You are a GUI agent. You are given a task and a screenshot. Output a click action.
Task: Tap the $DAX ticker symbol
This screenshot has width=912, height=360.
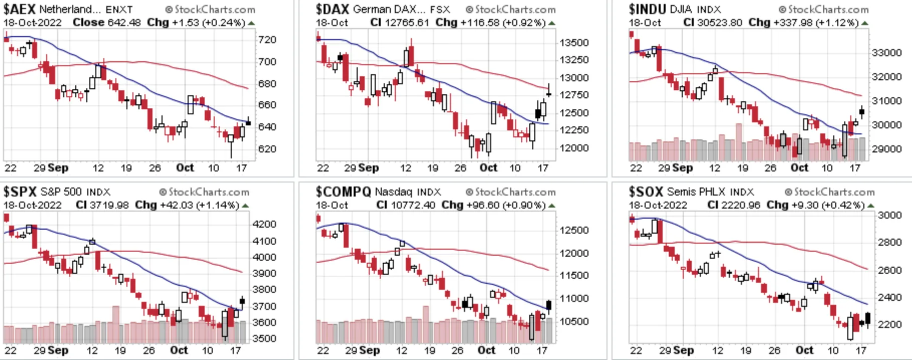(x=332, y=9)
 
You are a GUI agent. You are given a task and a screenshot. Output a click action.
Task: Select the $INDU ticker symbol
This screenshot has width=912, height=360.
(x=647, y=9)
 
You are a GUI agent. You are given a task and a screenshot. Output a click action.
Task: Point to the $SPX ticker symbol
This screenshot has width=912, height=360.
(x=20, y=192)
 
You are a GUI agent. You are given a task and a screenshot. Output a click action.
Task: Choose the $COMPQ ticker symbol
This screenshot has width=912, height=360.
(x=343, y=192)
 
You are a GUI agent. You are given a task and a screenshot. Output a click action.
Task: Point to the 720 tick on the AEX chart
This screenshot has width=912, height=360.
(x=267, y=40)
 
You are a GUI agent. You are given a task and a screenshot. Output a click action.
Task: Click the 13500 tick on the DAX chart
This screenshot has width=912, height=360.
(x=574, y=43)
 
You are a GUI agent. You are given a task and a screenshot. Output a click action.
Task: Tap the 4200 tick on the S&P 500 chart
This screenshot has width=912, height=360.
(x=264, y=224)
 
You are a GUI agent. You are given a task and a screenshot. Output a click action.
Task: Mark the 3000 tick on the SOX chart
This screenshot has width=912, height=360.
(x=889, y=215)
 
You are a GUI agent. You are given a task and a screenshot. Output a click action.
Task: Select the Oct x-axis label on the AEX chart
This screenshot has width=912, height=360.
(x=185, y=167)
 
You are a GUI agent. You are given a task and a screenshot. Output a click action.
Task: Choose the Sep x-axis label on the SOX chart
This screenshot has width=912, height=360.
(x=683, y=350)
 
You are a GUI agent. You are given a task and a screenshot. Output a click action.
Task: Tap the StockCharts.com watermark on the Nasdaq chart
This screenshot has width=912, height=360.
(x=511, y=192)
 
